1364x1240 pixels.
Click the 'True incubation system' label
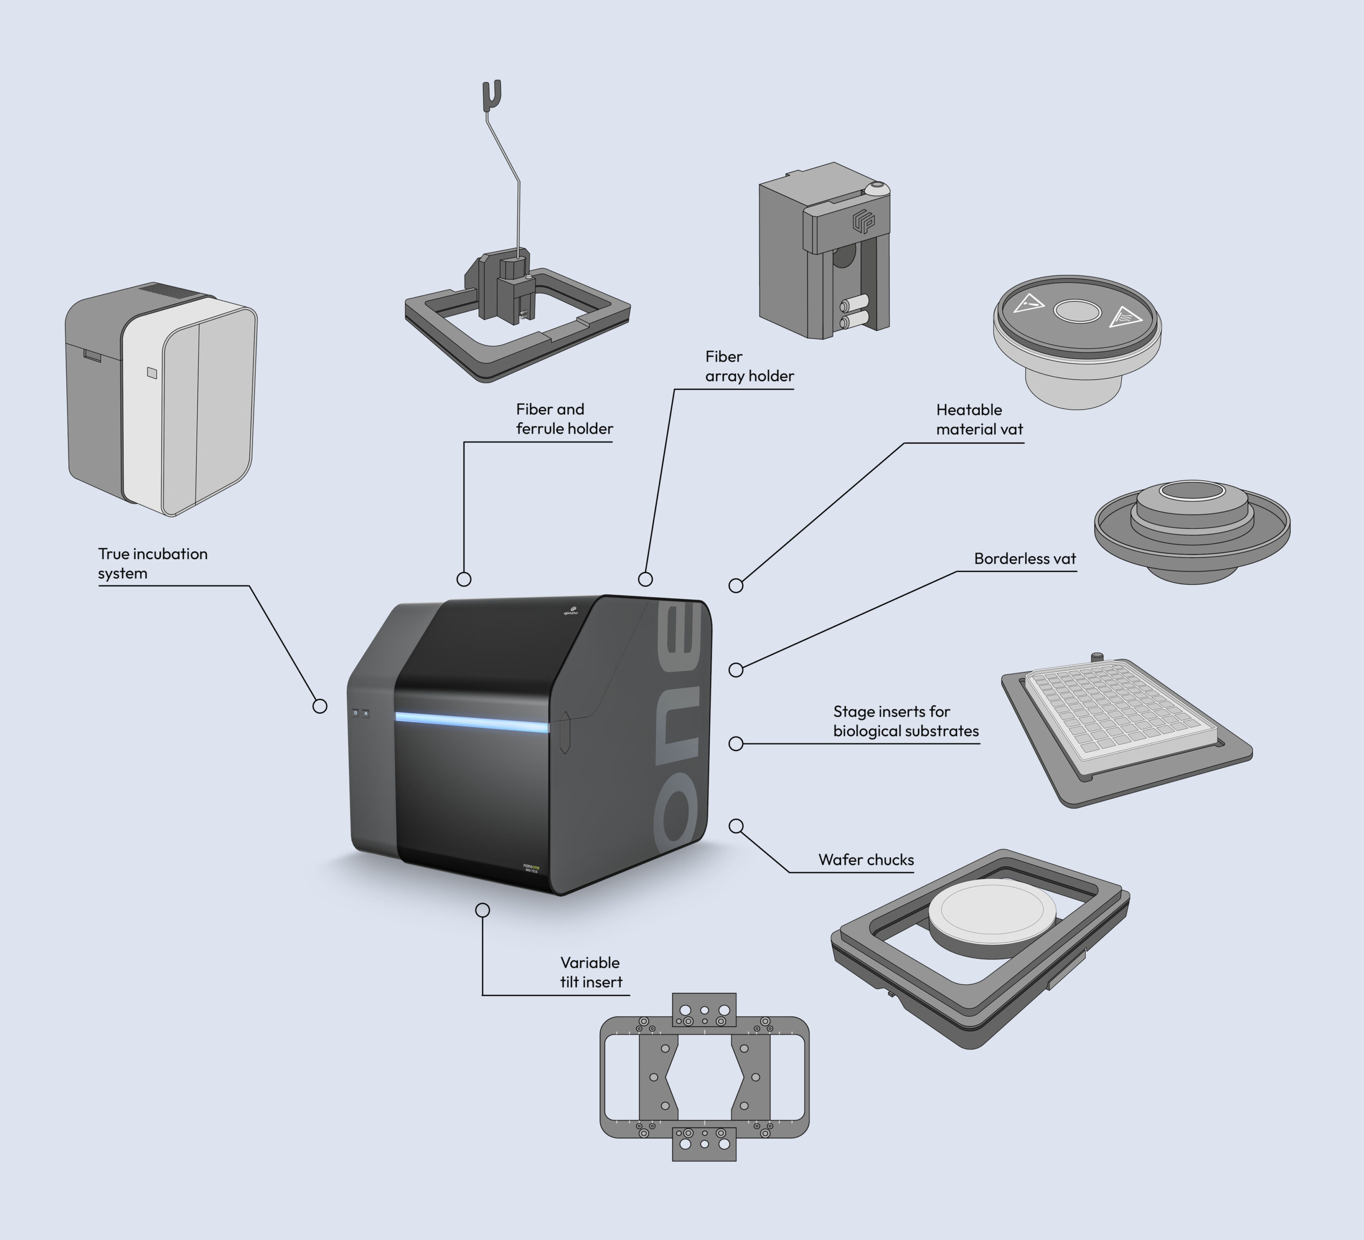pos(152,564)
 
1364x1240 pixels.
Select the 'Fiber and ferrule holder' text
pos(564,419)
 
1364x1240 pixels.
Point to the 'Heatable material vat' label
pos(978,419)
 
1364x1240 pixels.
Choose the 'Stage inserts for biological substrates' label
pos(905,721)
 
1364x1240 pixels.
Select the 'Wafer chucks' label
pos(865,860)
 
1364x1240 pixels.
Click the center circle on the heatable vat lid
pos(1077,311)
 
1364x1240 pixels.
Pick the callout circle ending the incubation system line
pos(320,706)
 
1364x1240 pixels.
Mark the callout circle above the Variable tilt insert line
pos(482,910)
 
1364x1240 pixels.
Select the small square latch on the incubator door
pos(152,373)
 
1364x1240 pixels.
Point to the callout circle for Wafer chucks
pos(736,826)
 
